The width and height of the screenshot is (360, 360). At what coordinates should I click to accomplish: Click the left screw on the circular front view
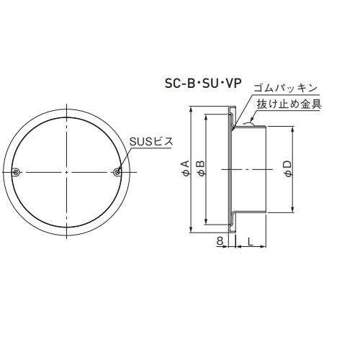click(17, 171)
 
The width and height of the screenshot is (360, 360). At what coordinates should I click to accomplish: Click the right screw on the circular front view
click(117, 171)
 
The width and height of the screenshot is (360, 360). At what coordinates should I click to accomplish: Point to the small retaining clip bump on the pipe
click(249, 124)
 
